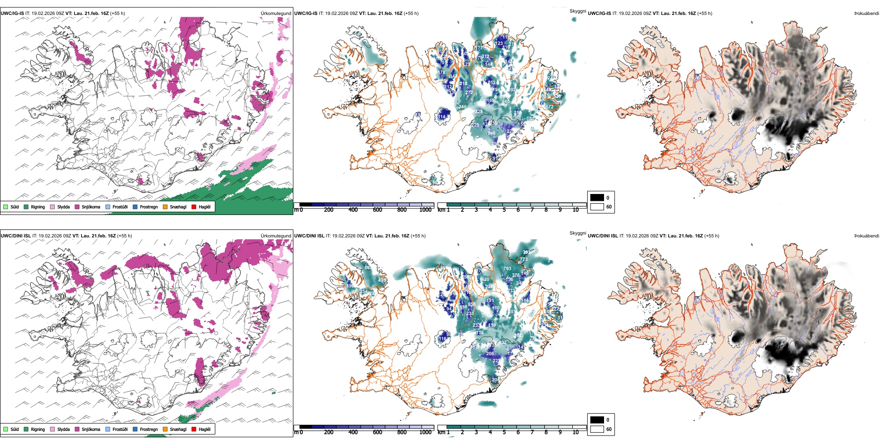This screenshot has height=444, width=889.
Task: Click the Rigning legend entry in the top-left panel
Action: [37, 207]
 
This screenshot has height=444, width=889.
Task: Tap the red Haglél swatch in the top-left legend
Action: [194, 207]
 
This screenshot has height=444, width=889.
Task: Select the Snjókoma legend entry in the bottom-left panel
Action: [91, 430]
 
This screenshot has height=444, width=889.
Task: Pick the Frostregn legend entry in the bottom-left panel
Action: [148, 430]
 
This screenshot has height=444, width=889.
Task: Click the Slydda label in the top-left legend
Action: [63, 207]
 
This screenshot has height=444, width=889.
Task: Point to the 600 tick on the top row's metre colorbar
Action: [378, 210]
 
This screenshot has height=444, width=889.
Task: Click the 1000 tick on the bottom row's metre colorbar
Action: [425, 432]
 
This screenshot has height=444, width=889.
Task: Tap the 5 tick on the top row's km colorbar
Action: [504, 210]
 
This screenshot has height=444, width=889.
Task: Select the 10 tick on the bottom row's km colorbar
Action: [576, 432]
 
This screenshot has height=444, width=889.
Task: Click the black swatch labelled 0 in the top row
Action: [597, 198]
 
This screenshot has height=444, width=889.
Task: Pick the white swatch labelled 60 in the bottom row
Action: [597, 429]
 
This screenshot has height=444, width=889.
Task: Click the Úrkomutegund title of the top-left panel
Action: [276, 14]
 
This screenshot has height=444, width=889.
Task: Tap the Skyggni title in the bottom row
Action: [578, 233]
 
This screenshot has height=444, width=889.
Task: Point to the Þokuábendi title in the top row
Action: [867, 14]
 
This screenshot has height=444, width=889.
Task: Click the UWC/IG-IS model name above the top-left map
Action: [12, 14]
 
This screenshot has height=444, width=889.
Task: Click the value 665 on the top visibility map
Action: [506, 101]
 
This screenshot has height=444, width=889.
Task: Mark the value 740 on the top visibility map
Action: [462, 107]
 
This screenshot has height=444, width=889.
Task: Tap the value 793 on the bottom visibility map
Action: [507, 269]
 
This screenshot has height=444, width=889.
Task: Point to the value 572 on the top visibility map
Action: [549, 107]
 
